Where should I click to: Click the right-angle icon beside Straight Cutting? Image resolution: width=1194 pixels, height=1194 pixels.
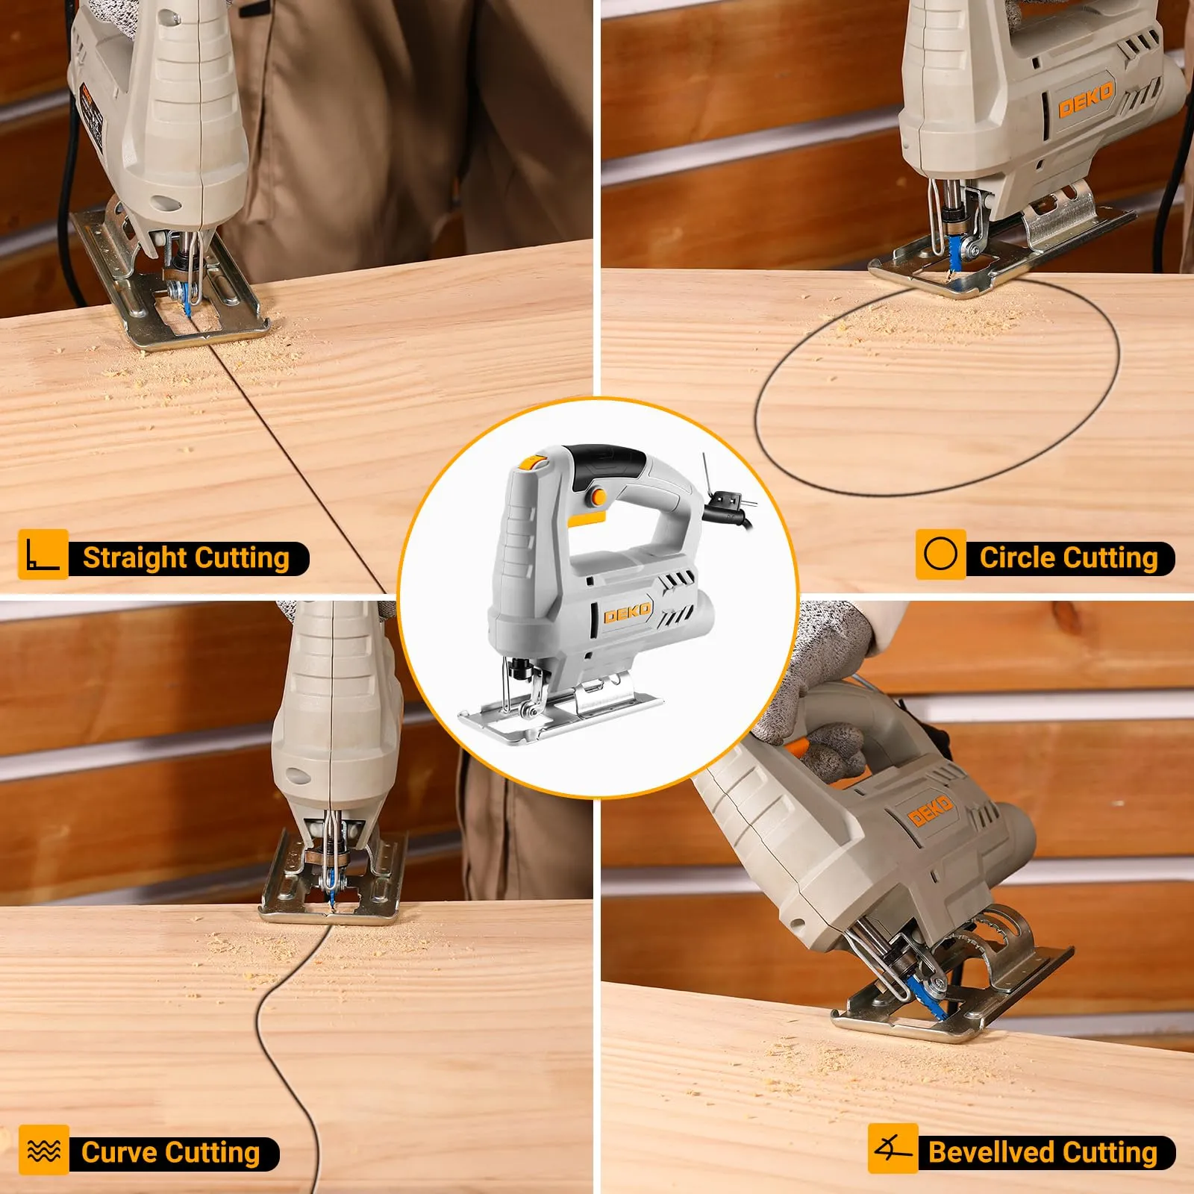(x=43, y=554)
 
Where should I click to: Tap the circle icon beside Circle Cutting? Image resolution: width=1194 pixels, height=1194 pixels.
(x=940, y=554)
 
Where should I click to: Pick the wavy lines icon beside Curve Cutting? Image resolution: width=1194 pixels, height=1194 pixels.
(x=43, y=1149)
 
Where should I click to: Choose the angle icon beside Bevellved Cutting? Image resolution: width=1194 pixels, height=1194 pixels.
(x=893, y=1148)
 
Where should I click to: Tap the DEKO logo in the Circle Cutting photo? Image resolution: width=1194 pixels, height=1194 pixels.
(x=1086, y=99)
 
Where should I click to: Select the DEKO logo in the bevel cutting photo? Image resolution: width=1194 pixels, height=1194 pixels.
(x=931, y=810)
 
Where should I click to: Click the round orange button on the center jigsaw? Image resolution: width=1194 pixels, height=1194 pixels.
(x=597, y=495)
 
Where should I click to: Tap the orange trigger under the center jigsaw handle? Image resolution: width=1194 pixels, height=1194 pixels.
(x=587, y=519)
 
